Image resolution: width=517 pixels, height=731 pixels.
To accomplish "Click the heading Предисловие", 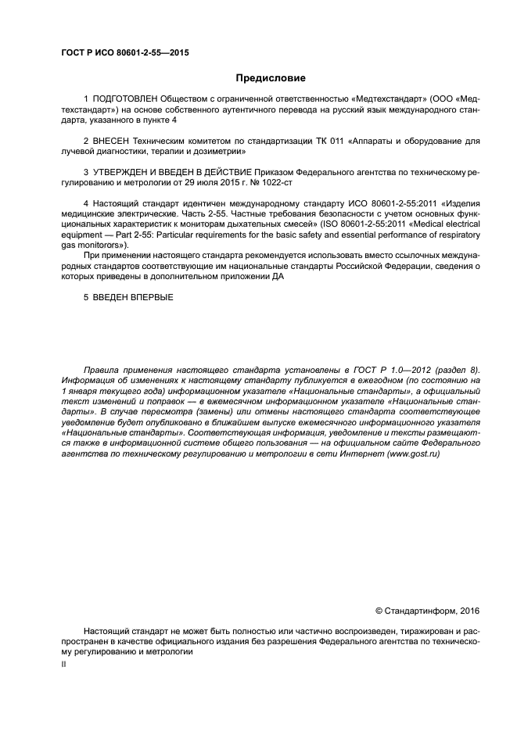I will tap(271, 78).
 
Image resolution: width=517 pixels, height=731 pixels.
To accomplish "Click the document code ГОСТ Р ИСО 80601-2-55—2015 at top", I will tap(125, 54).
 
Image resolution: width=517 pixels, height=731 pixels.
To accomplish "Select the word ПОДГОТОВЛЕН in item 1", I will tap(124, 100).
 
